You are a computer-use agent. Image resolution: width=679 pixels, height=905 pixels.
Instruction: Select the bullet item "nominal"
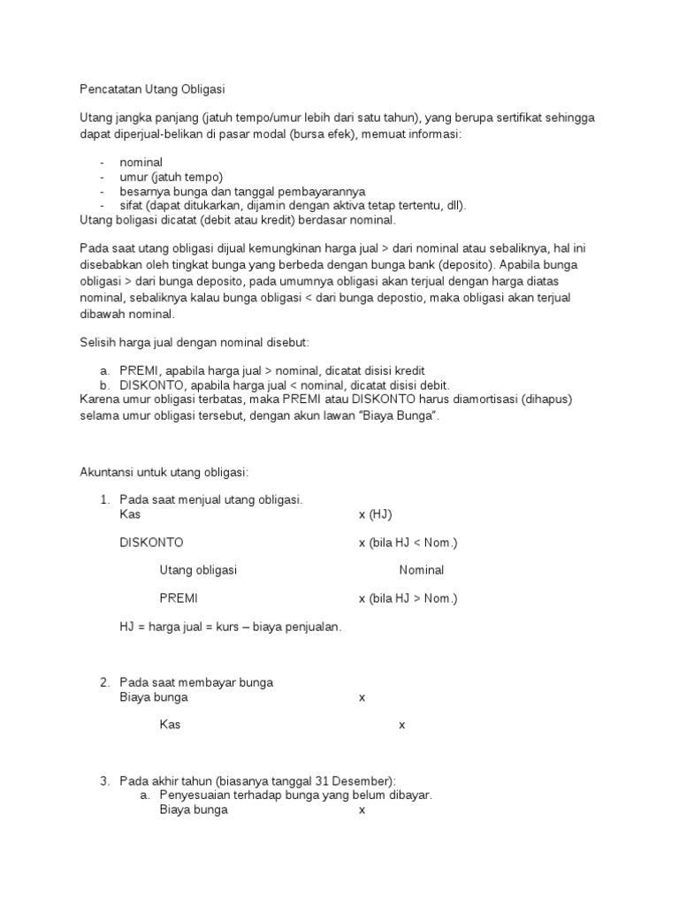click(x=141, y=163)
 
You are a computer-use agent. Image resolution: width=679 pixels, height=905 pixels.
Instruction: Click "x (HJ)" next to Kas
click(x=375, y=513)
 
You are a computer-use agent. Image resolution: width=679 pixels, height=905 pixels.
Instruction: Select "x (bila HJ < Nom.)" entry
click(x=408, y=542)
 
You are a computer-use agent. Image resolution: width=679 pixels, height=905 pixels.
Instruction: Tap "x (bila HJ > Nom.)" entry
click(x=408, y=598)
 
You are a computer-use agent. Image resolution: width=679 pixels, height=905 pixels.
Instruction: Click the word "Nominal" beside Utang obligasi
click(x=421, y=570)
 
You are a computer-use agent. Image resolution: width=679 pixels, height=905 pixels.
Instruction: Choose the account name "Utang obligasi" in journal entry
click(x=198, y=570)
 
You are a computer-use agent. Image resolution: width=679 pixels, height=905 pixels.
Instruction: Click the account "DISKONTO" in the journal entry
click(x=151, y=542)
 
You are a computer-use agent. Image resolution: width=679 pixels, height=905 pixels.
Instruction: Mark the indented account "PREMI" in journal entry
click(x=179, y=598)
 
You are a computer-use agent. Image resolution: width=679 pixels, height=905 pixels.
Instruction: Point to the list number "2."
click(x=104, y=682)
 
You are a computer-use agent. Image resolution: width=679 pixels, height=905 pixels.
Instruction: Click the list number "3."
click(x=104, y=780)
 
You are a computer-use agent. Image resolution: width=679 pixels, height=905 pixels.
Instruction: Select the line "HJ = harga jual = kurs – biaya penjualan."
click(x=230, y=627)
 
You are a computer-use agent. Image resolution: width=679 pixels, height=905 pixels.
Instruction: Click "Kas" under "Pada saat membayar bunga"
click(x=170, y=725)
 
